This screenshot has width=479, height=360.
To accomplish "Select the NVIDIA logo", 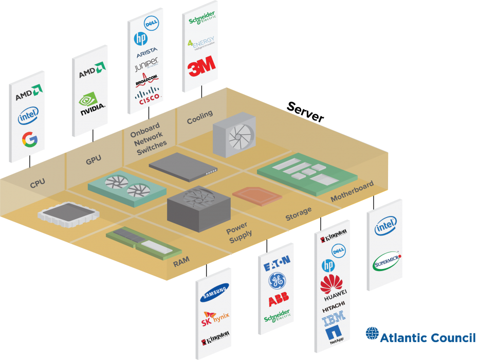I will click(92, 102).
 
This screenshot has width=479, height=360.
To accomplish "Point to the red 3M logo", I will click(201, 67).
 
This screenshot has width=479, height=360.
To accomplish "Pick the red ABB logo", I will click(278, 300).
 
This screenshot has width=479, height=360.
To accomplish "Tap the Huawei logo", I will click(334, 285).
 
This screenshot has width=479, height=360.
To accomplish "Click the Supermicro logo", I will click(386, 263).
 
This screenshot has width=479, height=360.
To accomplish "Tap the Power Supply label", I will click(239, 230).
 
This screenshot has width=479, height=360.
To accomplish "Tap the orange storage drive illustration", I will click(257, 195).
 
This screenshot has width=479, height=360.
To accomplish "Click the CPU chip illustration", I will click(65, 217).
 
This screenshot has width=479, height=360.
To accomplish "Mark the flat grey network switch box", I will click(183, 167).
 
